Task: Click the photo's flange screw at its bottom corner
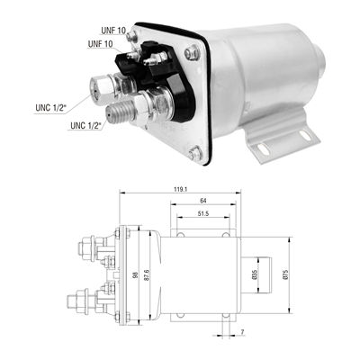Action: click(195, 154)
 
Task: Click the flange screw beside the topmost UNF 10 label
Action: click(132, 38)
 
